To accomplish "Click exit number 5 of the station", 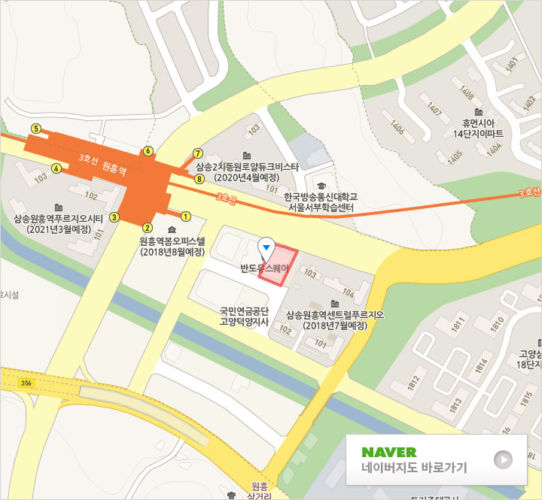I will coord(35,129).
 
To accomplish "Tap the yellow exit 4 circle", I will coord(56,168).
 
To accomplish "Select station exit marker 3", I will coord(114,217).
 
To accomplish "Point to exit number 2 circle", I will coord(148,228).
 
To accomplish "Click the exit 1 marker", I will coord(185,216).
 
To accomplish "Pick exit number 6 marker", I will coord(148,151).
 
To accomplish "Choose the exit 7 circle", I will coord(198,153).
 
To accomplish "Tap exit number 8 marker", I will coord(199,180).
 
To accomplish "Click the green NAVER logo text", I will coord(388,452).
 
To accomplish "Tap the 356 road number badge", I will coord(26,383).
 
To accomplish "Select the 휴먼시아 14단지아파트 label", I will coord(483,128).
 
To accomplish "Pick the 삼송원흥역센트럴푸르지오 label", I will coord(335,320).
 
